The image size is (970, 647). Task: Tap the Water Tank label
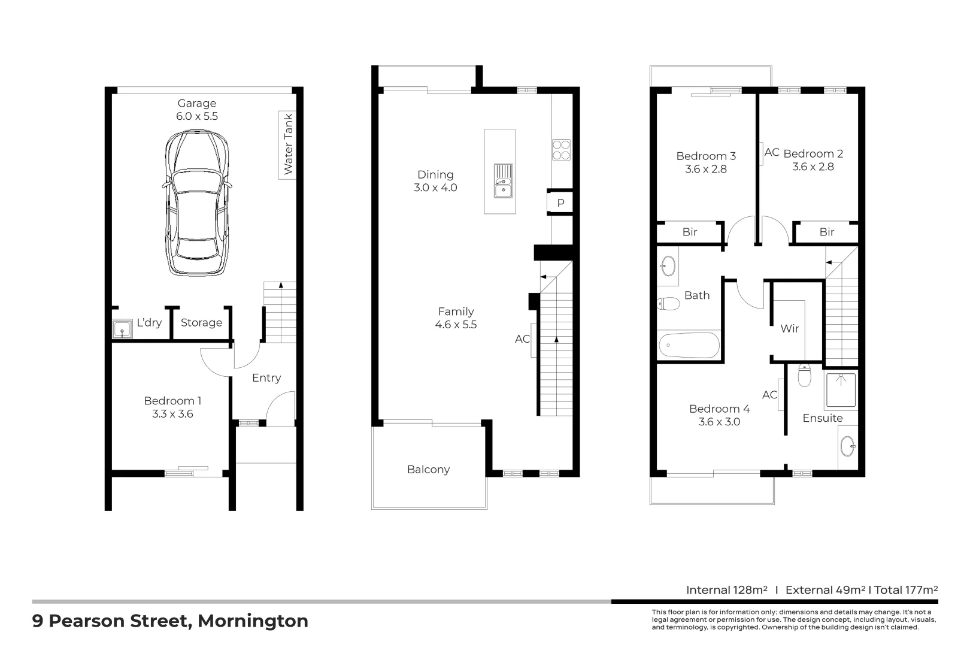288,144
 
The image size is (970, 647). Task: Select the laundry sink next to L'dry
122,329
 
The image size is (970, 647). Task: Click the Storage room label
201,322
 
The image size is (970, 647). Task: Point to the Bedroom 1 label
172,401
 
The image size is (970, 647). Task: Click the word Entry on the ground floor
266,377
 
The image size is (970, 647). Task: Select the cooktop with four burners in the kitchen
561,150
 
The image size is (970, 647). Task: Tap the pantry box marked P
560,202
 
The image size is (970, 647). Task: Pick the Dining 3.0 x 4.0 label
435,181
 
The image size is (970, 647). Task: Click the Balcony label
428,469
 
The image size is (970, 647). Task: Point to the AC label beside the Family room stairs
522,339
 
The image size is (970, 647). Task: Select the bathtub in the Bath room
689,346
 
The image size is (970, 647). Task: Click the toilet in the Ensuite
804,376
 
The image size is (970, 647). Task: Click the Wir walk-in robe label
789,328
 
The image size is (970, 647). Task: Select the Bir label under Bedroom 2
826,232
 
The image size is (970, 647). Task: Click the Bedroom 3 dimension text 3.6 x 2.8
706,169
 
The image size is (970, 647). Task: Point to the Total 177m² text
906,589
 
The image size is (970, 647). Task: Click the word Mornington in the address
253,621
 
